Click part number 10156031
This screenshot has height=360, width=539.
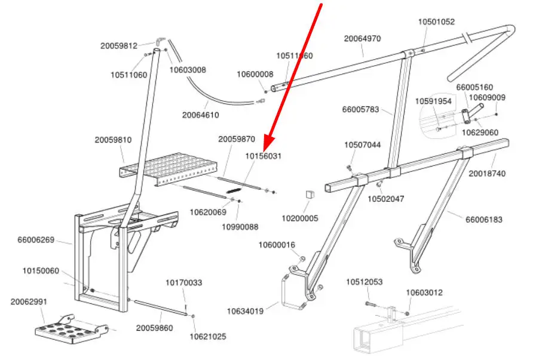[x=263, y=156]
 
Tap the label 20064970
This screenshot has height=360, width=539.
[x=362, y=39]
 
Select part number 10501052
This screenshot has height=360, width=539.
[x=436, y=22]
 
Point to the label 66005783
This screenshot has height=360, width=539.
[x=360, y=110]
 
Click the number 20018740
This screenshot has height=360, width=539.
[x=486, y=173]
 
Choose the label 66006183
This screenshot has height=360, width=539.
[x=484, y=220]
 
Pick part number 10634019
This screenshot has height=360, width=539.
[x=245, y=311]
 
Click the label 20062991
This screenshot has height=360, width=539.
[x=29, y=301]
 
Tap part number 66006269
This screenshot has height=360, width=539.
[x=36, y=240]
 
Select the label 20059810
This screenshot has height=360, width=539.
[x=113, y=140]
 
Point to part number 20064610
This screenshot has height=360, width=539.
[x=201, y=115]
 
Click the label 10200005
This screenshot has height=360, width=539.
[x=300, y=219]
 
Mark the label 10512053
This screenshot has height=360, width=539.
[x=364, y=282]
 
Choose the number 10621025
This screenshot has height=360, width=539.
[x=208, y=337]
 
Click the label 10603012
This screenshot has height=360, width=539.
[x=424, y=293]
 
